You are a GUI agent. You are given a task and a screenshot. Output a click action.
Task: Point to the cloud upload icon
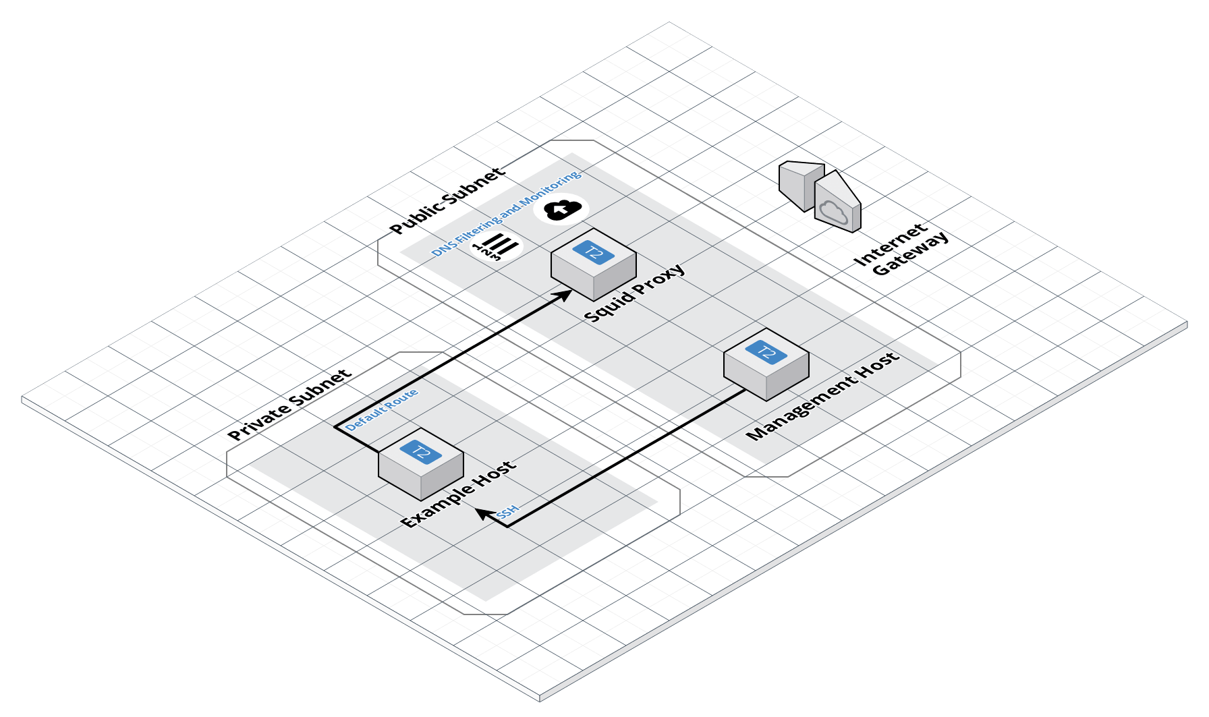point(561,210)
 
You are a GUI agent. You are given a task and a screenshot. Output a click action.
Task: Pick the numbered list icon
point(497,247)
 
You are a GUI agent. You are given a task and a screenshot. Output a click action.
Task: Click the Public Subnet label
point(447,200)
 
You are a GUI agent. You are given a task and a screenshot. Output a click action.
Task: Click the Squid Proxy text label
point(634,293)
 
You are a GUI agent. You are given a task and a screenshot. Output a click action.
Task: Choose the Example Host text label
point(459,494)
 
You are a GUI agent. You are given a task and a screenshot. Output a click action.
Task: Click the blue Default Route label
point(382,409)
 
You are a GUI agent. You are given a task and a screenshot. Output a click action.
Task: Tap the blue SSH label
point(507,511)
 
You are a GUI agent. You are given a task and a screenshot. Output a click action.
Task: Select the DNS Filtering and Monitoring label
point(506,213)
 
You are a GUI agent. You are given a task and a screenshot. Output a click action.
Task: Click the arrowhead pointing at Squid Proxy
point(564,294)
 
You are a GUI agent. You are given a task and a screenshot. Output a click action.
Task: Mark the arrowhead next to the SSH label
point(483,513)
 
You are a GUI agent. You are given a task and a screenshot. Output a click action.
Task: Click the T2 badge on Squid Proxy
point(593,252)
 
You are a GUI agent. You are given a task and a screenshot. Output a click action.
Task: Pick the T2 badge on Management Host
point(766,351)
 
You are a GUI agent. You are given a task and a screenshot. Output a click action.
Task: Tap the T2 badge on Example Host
point(420,451)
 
